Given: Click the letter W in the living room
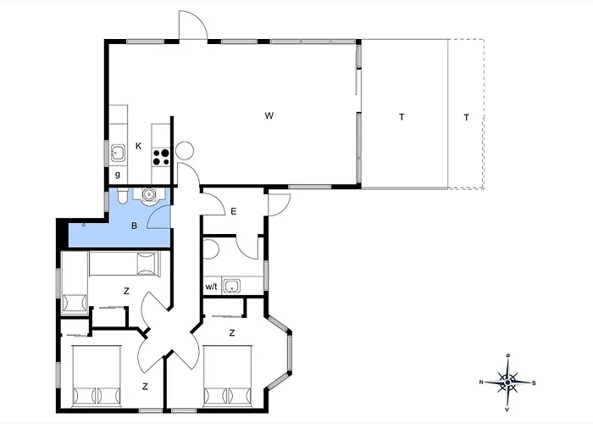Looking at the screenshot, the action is click(x=269, y=115).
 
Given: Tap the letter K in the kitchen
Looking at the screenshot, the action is click(x=138, y=146).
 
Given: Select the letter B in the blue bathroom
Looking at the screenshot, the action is click(x=134, y=226).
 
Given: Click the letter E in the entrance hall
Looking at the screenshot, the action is click(x=233, y=212).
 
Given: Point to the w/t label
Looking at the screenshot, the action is click(x=212, y=287).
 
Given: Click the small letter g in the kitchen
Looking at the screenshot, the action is click(x=118, y=175).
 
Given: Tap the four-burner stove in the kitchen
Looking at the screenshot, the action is click(x=161, y=157).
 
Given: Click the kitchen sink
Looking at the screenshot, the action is click(x=118, y=153).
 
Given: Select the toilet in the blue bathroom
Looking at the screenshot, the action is click(x=122, y=196).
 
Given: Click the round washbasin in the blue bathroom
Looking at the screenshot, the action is click(x=148, y=194).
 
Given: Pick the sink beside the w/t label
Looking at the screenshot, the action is click(x=231, y=286).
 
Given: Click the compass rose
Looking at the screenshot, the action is click(x=508, y=382).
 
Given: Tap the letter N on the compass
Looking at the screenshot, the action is click(x=481, y=382).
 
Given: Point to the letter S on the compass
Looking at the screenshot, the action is click(x=534, y=383).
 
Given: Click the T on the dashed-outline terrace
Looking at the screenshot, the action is click(x=466, y=117).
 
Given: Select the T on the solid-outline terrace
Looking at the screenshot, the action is click(x=402, y=117).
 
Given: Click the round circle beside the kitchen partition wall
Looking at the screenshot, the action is click(x=185, y=150).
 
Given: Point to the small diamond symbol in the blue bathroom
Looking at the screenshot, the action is click(x=84, y=225).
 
